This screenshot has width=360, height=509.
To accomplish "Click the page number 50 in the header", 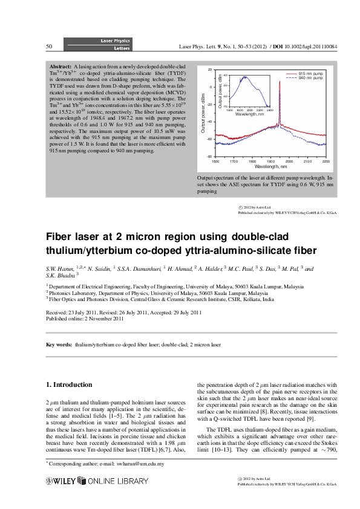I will (49, 47).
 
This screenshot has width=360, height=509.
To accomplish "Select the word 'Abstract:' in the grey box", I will (61, 65).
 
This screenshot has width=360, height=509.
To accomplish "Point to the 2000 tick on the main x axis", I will (289, 161).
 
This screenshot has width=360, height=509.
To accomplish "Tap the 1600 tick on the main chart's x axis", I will (215, 161).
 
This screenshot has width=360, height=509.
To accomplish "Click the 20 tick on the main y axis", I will (210, 70).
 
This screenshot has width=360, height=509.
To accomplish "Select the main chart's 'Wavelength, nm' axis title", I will (270, 166).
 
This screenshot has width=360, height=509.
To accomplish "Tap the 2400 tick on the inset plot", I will (270, 109).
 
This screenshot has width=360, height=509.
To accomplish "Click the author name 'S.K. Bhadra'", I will (62, 274).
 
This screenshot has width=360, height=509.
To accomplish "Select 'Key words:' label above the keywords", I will (59, 345).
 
